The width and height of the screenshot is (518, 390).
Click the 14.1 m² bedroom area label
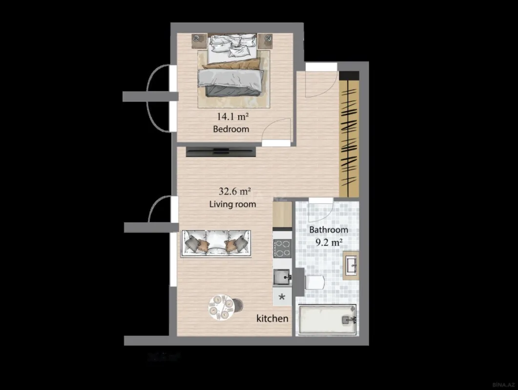(x=233, y=117)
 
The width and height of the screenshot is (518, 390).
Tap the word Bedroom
(x=231, y=129)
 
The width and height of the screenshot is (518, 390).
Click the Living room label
(x=232, y=204)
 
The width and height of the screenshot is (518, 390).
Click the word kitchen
(x=272, y=318)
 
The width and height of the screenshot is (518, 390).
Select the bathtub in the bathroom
(x=327, y=320)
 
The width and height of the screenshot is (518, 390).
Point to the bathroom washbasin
(x=351, y=266)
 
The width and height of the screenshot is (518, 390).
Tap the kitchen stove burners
(x=282, y=248)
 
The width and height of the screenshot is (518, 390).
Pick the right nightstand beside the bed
(x=268, y=39)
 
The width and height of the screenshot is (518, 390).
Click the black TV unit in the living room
(x=221, y=152)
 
